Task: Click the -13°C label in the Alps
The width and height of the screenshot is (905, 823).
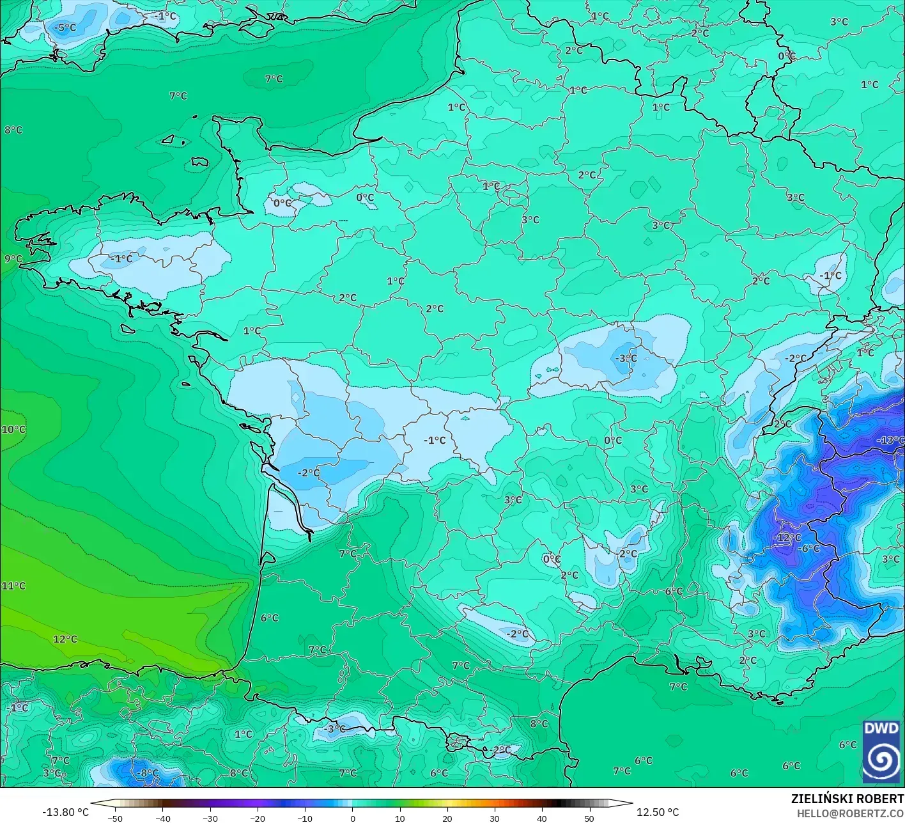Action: pos(890,440)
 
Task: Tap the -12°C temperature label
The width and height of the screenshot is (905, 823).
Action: pos(787,537)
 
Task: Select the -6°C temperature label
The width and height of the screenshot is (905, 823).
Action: pos(809,548)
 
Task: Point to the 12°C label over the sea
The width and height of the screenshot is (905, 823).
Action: pos(65,639)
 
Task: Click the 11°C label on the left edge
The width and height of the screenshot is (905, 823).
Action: pos(13,586)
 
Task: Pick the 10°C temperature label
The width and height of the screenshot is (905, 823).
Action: pos(13,429)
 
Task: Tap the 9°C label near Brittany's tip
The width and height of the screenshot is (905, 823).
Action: pos(13,258)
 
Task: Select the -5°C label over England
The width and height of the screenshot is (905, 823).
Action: pos(65,27)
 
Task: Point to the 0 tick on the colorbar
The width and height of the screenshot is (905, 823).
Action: pos(352,818)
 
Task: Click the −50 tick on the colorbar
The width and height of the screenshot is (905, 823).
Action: pos(115,818)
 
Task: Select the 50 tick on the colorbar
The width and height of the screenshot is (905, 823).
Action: pos(589,818)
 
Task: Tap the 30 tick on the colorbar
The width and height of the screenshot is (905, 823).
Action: pos(495,818)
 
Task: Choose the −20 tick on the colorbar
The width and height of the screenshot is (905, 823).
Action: pos(257,818)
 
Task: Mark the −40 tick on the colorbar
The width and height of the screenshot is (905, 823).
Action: pos(162,818)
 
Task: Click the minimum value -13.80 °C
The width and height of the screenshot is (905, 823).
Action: pos(65,811)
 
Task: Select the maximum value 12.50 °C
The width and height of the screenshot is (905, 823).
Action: pos(658,811)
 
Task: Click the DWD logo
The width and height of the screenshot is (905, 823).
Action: pos(881,751)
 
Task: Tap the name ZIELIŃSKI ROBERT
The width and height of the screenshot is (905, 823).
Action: pos(847,799)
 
